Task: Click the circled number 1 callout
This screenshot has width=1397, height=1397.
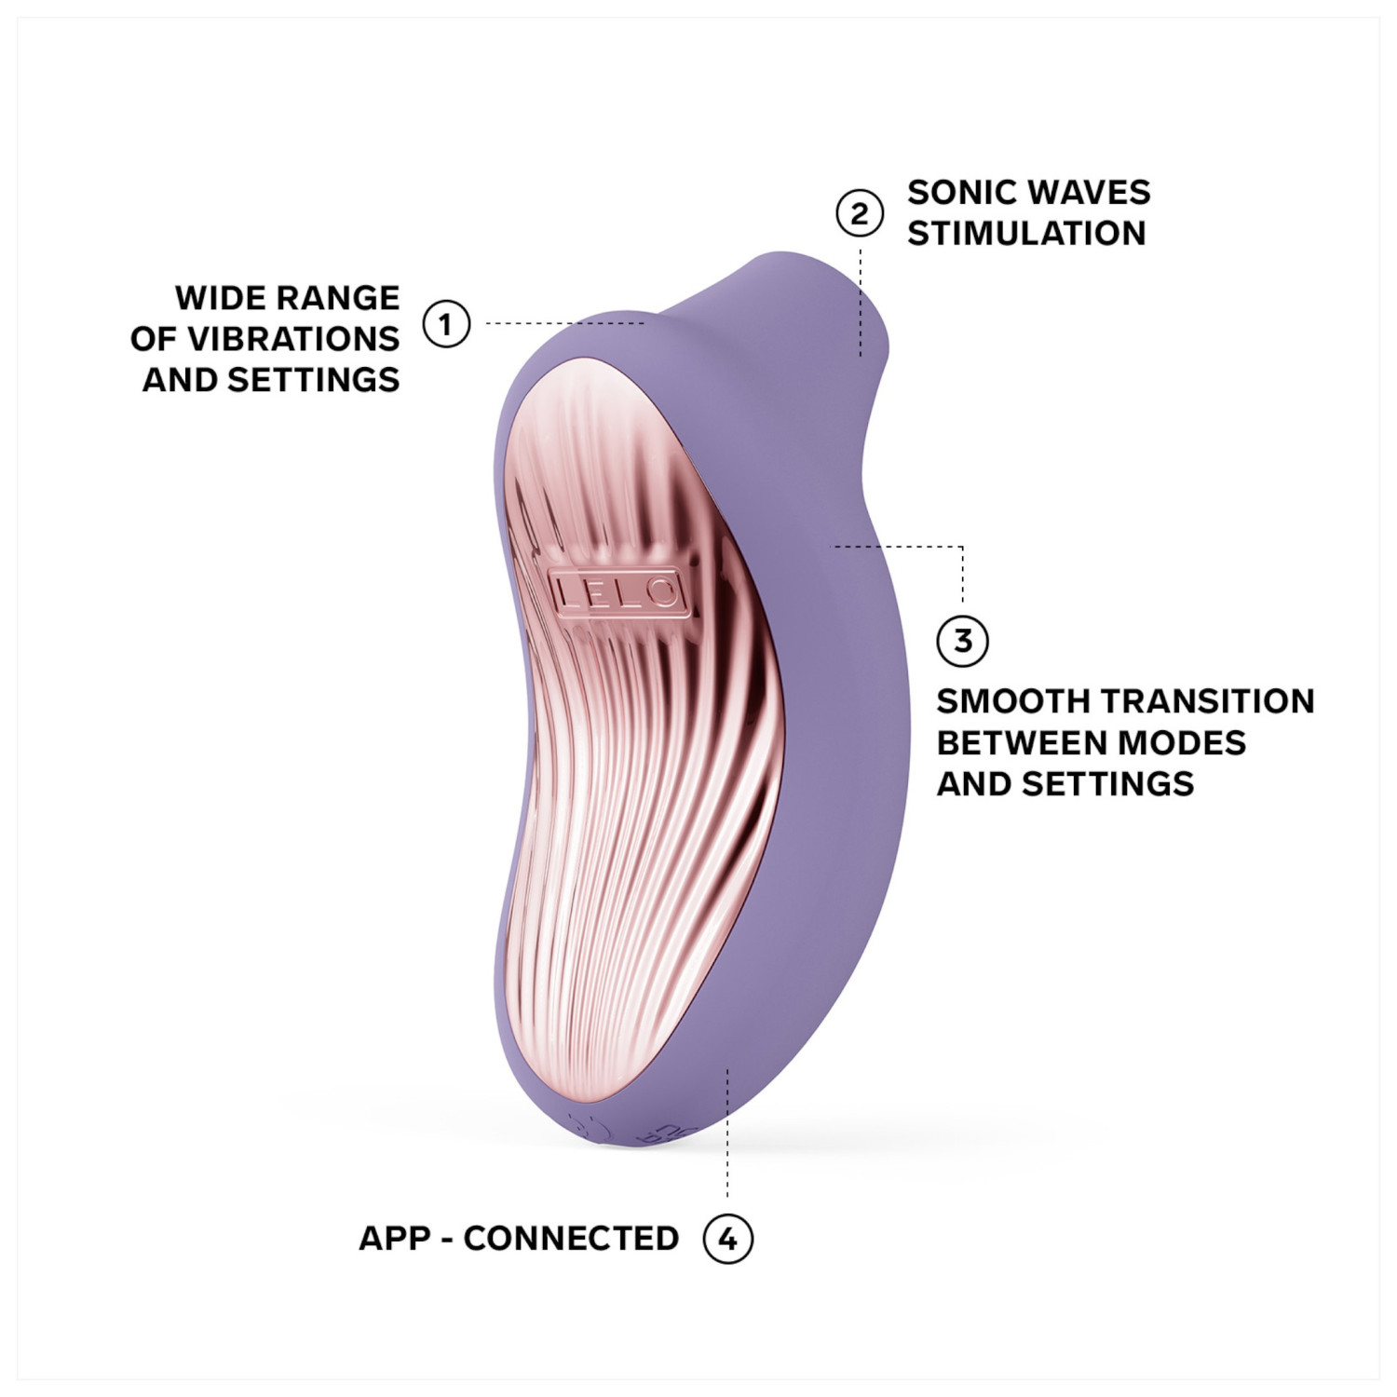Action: point(446,324)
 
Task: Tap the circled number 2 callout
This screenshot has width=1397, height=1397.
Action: point(859,213)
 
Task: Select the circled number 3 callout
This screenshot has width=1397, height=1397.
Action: point(962,641)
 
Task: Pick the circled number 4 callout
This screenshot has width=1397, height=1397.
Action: point(727,1239)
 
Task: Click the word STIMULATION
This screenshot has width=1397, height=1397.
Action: point(1026,234)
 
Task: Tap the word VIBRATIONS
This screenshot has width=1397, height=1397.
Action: point(293,339)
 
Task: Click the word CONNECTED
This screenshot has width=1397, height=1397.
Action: point(571,1239)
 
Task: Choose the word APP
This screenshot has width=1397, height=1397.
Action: point(395,1239)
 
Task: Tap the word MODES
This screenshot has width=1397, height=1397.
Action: point(1180,743)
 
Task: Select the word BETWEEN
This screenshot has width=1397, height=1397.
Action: point(1021,743)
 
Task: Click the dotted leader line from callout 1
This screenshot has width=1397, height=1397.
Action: point(563,323)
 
